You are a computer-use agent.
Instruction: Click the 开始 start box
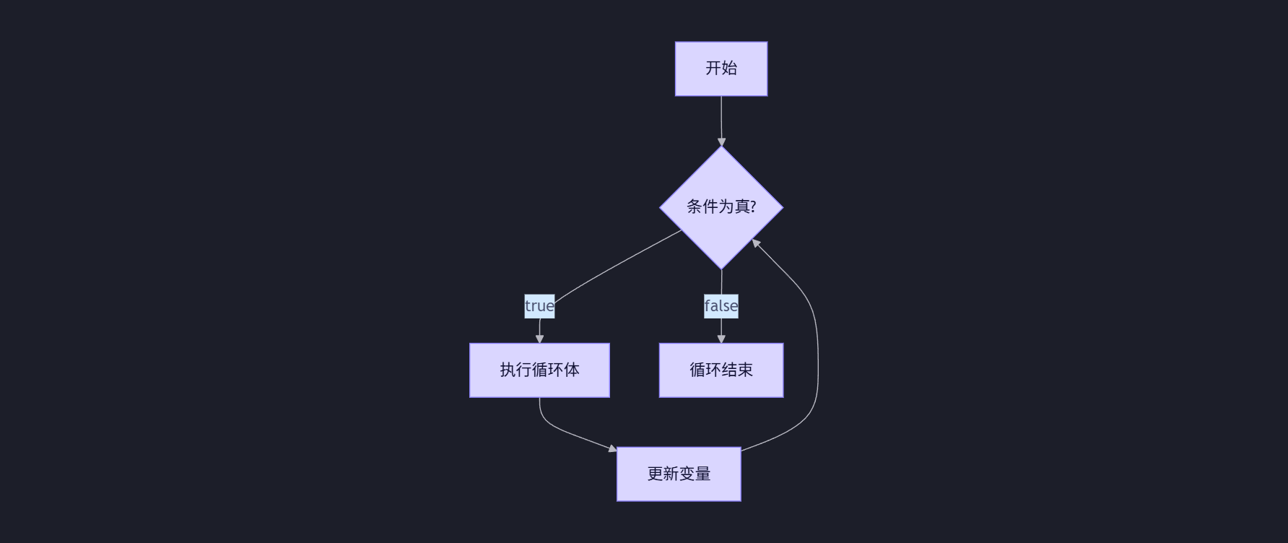(721, 69)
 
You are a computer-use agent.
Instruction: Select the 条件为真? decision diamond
(721, 207)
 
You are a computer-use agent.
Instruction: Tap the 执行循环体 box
(539, 370)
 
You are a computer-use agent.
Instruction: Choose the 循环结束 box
(721, 370)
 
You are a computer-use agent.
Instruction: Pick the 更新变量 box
(679, 474)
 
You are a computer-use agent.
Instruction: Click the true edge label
(539, 306)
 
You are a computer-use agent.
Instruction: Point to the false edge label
(721, 306)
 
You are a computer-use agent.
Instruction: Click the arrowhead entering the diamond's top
(721, 142)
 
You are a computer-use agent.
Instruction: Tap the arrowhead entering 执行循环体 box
(539, 339)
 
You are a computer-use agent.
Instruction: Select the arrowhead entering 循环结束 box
(721, 339)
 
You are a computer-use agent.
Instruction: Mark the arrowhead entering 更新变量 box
(612, 449)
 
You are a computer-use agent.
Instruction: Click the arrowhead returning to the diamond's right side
(755, 243)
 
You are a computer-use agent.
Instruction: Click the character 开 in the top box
(713, 69)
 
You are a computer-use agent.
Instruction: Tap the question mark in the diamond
(752, 207)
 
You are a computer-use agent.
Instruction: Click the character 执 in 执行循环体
(508, 370)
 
